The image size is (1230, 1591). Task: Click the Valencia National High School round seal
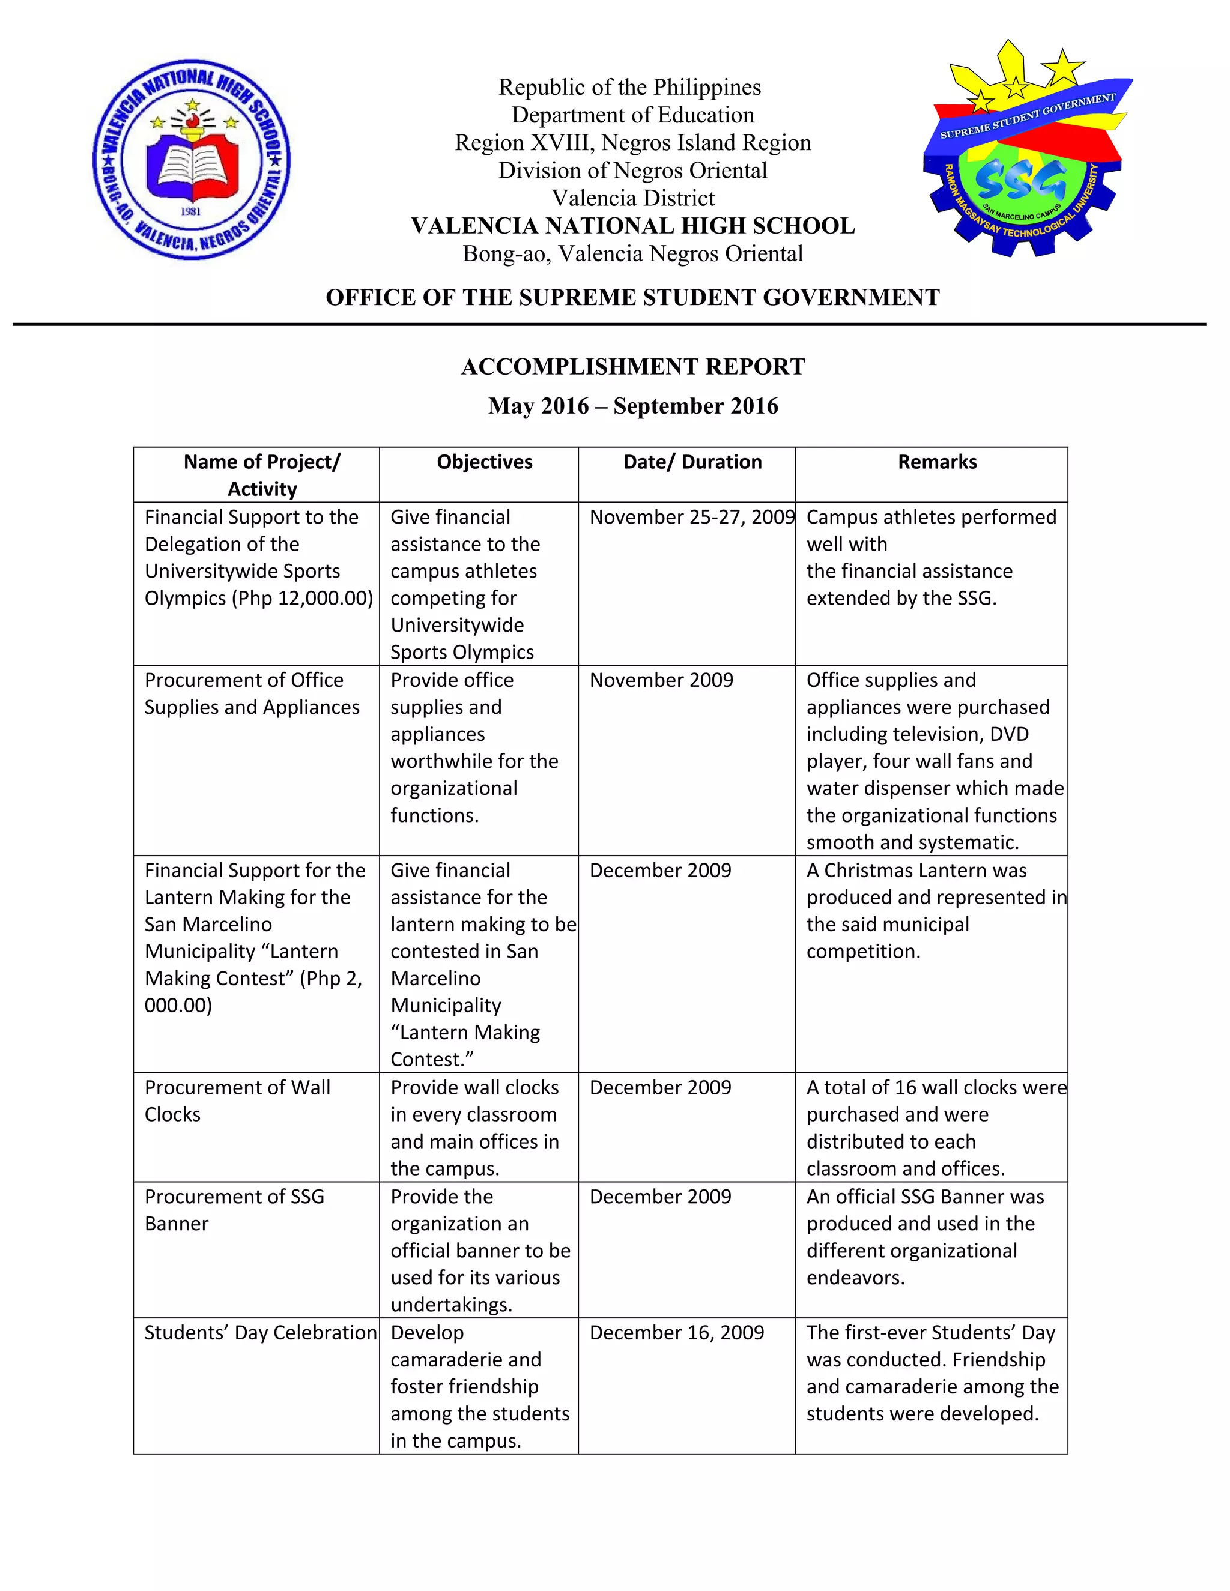[192, 159]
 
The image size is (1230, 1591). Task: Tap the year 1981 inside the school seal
[191, 211]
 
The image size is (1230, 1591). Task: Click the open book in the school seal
[192, 166]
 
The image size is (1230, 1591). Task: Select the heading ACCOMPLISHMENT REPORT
[632, 366]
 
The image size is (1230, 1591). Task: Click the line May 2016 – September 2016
[632, 406]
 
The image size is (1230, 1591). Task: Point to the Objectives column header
[485, 462]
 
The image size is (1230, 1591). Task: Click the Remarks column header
[937, 462]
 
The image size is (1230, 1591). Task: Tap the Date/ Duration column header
[692, 462]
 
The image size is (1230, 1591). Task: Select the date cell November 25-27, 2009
[691, 517]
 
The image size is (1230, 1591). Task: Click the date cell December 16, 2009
[676, 1332]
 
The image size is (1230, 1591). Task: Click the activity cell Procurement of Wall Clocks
[238, 1100]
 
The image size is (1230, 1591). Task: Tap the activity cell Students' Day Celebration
[260, 1332]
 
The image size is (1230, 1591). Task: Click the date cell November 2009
[661, 680]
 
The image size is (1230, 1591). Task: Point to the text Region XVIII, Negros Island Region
[632, 143]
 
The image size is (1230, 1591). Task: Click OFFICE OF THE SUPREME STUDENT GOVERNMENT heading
[632, 297]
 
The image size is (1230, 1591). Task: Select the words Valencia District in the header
[632, 198]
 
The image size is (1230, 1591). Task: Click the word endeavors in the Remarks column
[855, 1278]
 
